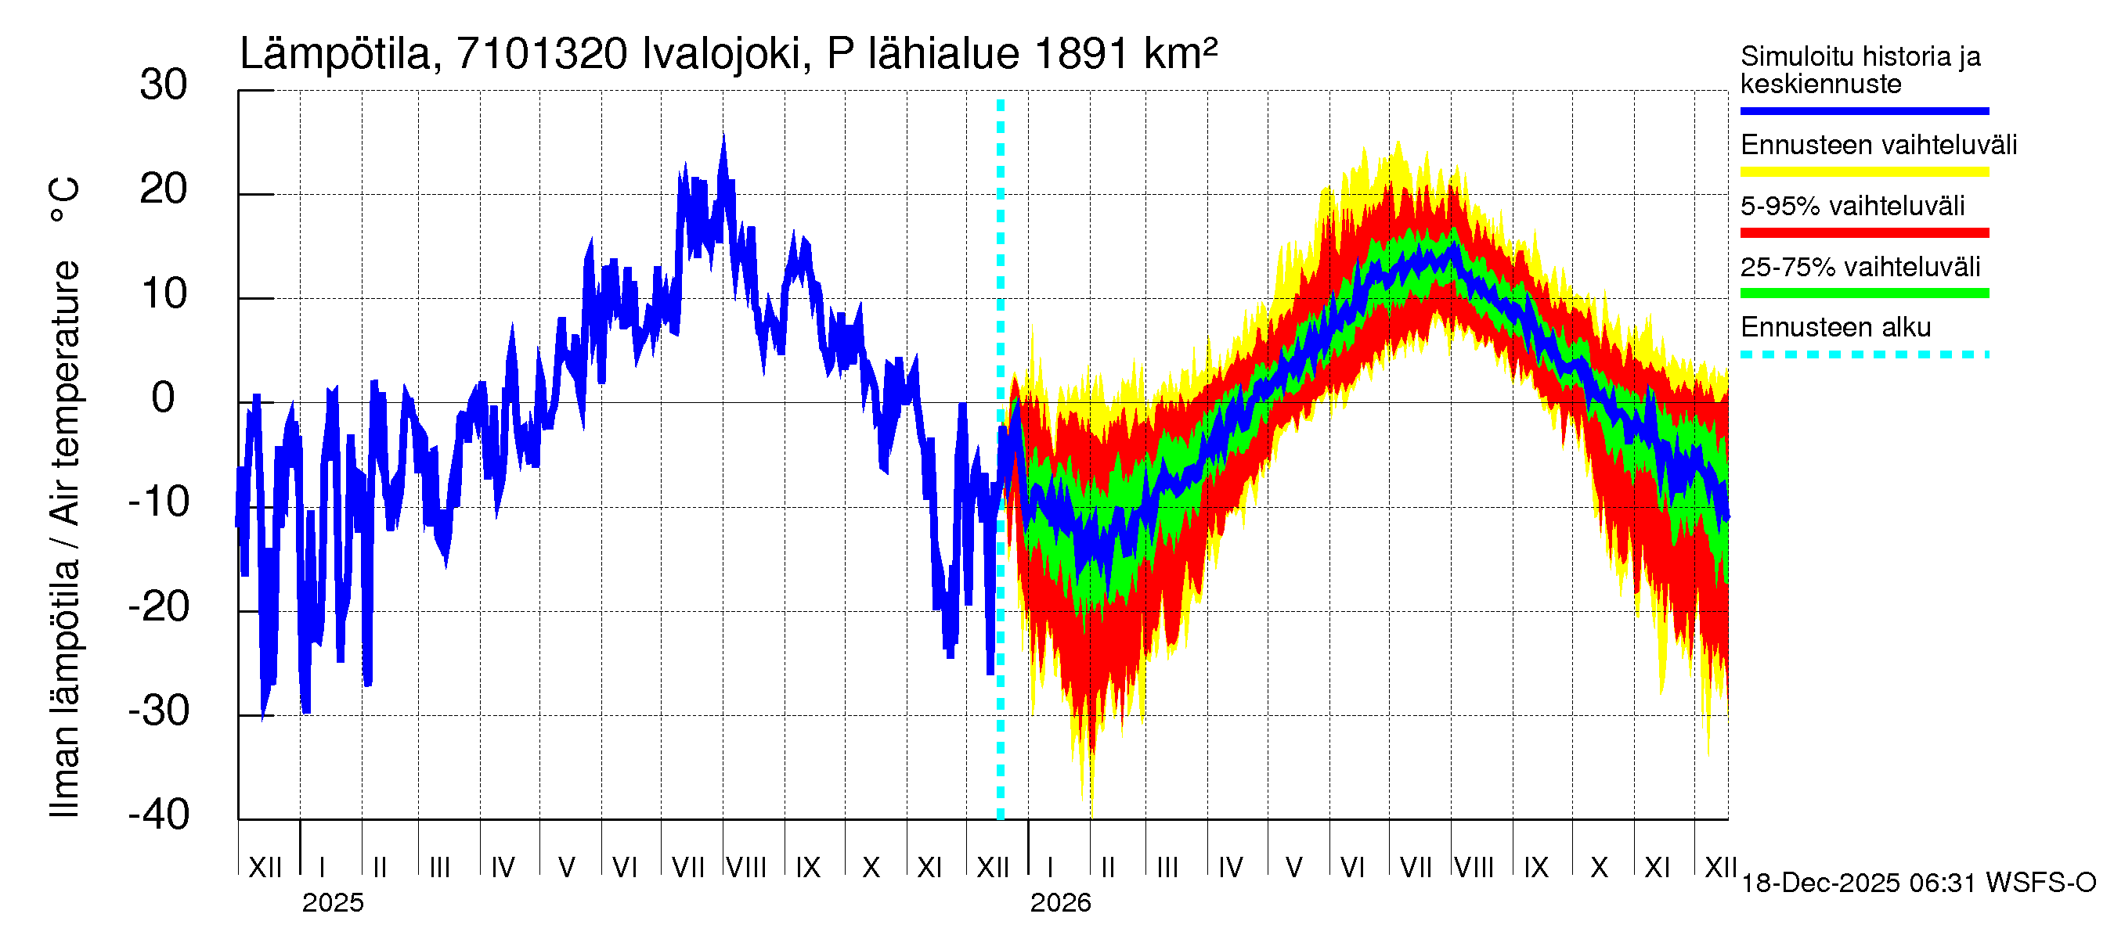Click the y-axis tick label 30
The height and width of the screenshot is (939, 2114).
(x=164, y=85)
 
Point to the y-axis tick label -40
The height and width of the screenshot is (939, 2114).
(x=159, y=815)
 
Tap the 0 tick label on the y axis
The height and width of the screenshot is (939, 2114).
(x=164, y=398)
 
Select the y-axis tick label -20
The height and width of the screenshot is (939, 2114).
(x=159, y=607)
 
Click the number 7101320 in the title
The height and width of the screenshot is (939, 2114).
(x=542, y=54)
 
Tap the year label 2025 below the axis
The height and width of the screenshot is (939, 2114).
(x=332, y=903)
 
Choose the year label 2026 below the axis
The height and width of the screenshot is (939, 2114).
(x=1060, y=903)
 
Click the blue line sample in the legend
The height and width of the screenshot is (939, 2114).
(x=1863, y=110)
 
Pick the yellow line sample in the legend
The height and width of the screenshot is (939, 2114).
(x=1863, y=172)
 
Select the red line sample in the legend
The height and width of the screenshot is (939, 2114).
(x=1863, y=233)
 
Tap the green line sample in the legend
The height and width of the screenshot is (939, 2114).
(x=1863, y=293)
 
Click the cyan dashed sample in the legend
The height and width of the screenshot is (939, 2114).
(x=1863, y=355)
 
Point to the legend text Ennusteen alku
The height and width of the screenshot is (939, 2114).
(x=1835, y=327)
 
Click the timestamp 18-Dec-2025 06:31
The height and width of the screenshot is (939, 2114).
(x=1860, y=883)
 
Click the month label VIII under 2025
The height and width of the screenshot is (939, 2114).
(x=747, y=868)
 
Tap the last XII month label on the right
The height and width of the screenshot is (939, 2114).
(x=1720, y=868)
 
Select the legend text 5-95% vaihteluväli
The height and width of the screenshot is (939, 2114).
(x=1852, y=206)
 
